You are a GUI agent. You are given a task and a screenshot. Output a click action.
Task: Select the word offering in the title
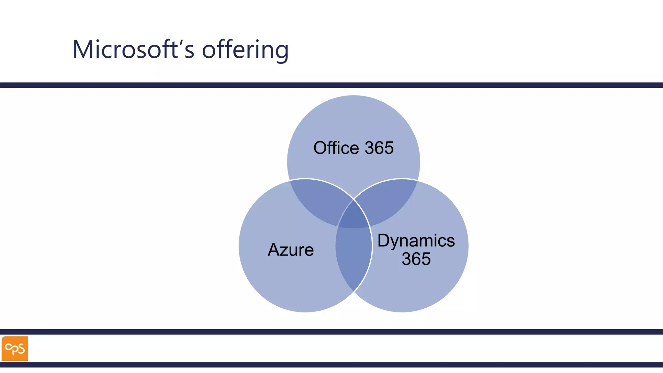tap(245, 50)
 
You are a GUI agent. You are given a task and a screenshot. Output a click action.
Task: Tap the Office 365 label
tap(354, 148)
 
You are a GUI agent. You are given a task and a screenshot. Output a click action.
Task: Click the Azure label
tap(291, 250)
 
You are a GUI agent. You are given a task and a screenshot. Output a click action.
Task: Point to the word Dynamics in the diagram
tap(416, 241)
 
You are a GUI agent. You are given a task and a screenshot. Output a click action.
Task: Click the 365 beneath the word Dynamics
tap(416, 259)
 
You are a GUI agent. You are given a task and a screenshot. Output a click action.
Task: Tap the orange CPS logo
tap(15, 348)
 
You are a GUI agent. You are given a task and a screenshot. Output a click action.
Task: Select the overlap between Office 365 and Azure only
tap(319, 201)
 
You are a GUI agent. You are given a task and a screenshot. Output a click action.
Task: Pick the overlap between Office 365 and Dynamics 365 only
tap(388, 201)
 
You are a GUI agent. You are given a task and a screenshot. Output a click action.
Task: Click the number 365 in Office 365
tap(379, 148)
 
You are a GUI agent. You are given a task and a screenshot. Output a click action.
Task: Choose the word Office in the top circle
tap(336, 148)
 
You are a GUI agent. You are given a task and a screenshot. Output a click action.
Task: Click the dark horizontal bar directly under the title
tap(331, 85)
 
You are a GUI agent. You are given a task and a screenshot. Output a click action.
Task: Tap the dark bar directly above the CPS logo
tap(331, 332)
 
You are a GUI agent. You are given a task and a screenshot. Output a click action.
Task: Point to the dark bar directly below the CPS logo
tap(331, 365)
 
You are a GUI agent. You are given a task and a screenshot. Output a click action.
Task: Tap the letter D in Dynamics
tap(384, 241)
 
